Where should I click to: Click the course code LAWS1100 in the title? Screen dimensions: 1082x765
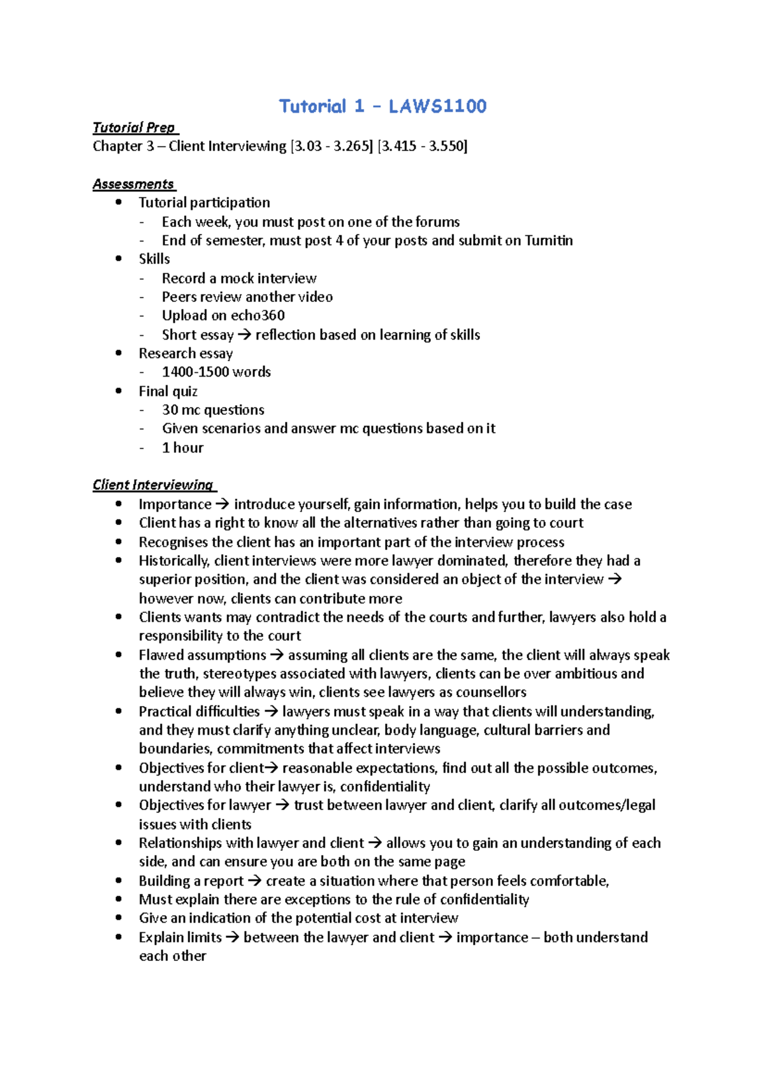(437, 106)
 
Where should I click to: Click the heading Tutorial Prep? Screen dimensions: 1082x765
(134, 127)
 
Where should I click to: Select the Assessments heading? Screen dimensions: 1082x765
(133, 184)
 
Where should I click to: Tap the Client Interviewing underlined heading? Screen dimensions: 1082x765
(153, 485)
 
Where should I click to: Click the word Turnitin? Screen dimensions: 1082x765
(548, 240)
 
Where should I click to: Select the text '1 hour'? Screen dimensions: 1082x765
(182, 448)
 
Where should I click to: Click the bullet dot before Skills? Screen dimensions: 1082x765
(119, 259)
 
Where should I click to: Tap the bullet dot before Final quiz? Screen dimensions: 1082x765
(119, 391)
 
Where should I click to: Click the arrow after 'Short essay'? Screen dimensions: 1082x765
(244, 335)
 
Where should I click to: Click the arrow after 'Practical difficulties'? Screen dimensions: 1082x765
(271, 712)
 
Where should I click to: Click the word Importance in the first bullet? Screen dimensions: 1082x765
(175, 505)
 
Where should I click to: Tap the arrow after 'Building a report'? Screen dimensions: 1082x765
(254, 881)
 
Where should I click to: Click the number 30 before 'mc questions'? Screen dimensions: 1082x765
(170, 410)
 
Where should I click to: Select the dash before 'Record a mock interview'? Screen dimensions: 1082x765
(142, 278)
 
